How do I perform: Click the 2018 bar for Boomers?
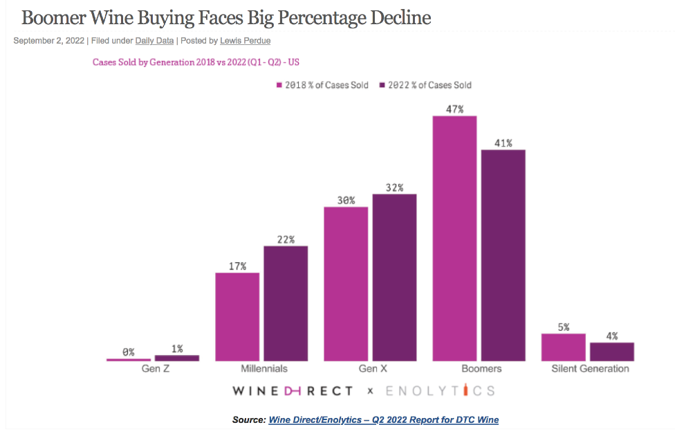click(x=454, y=239)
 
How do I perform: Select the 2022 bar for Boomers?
click(x=503, y=255)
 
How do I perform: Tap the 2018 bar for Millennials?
click(x=237, y=317)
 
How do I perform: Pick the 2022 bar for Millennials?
click(x=286, y=304)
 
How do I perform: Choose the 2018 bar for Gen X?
click(x=346, y=284)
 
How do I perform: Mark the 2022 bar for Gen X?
click(x=394, y=278)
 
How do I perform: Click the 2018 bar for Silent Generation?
click(x=563, y=347)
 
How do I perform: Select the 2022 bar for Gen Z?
click(x=177, y=358)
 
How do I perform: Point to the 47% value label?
click(x=454, y=109)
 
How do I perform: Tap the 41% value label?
click(x=503, y=143)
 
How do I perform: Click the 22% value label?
click(x=286, y=239)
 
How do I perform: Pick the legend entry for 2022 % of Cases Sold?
click(x=425, y=85)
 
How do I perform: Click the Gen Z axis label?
click(x=152, y=369)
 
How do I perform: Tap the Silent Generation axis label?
click(x=590, y=369)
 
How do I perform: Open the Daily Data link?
click(x=154, y=41)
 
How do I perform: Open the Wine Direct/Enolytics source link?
click(x=383, y=420)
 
